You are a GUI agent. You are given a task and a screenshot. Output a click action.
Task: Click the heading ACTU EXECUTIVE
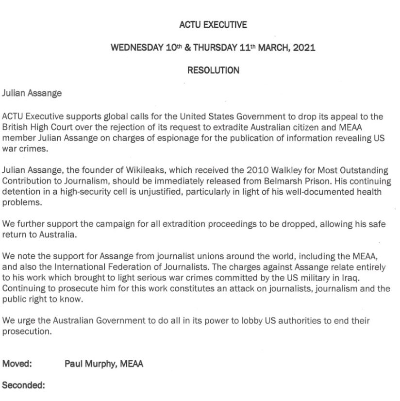click(x=213, y=24)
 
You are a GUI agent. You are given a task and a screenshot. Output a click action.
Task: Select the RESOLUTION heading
click(x=213, y=70)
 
